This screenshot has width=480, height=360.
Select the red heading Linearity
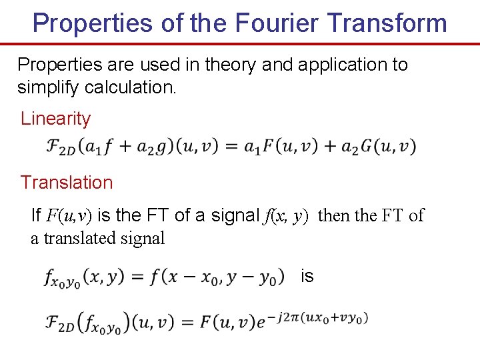click(55, 119)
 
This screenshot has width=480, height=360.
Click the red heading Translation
click(67, 182)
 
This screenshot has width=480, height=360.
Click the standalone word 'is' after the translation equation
click(307, 275)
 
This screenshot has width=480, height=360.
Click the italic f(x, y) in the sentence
click(287, 215)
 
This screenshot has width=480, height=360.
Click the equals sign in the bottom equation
click(187, 323)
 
